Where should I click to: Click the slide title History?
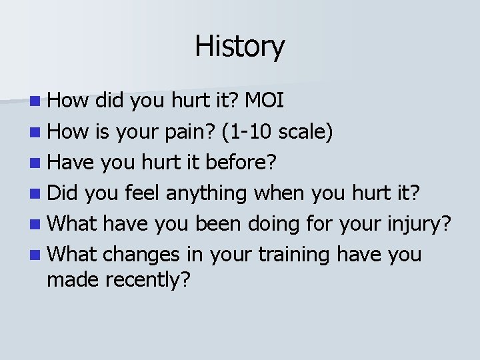tap(240, 47)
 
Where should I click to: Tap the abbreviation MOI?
tap(265, 101)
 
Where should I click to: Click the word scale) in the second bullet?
tap(305, 131)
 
